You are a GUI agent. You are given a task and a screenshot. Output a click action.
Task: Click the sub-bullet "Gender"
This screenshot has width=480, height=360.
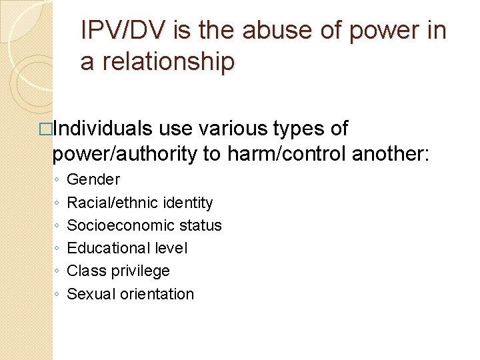(x=93, y=179)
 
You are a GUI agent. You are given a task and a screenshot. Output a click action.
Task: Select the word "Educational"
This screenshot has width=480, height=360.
(x=105, y=248)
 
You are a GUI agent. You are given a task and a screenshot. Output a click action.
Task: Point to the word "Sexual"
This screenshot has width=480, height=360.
(x=91, y=294)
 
